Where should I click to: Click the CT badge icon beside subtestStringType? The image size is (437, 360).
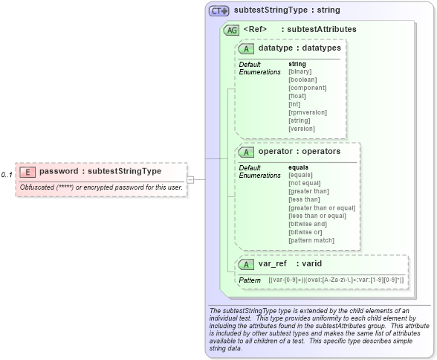click(x=219, y=11)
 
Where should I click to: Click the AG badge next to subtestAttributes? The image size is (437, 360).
click(x=231, y=30)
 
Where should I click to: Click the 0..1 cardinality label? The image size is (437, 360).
click(x=7, y=175)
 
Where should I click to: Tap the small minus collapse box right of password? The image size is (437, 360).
click(x=190, y=179)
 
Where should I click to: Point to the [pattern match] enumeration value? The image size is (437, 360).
click(x=311, y=240)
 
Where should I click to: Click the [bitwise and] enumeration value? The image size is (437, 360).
click(x=308, y=224)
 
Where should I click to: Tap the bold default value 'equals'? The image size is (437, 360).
click(x=299, y=167)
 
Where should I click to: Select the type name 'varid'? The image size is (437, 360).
click(x=308, y=264)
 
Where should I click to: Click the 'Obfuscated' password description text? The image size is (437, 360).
click(x=101, y=187)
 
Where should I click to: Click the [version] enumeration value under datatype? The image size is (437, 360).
click(x=302, y=128)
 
